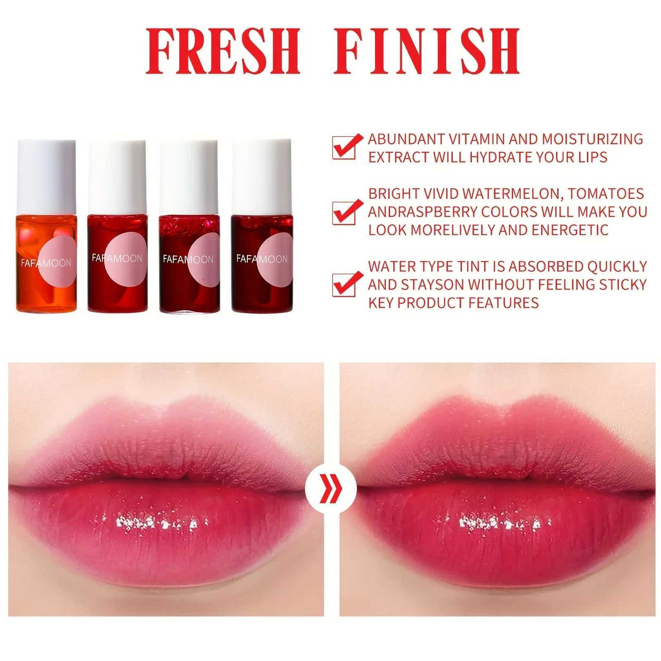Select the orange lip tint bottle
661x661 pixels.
click(x=47, y=264)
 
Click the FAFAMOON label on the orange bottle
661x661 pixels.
click(x=45, y=263)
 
